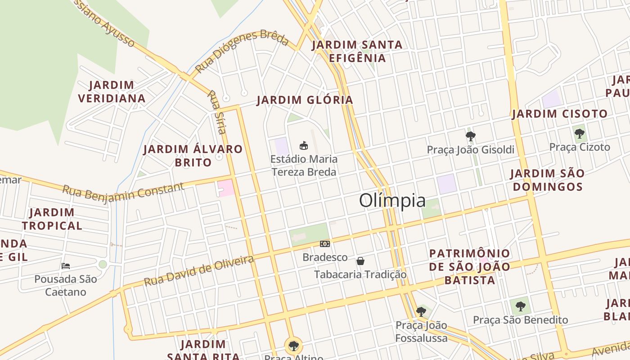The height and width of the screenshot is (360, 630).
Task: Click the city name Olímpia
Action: click(392, 201)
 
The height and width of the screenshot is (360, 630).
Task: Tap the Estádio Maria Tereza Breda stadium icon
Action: click(304, 145)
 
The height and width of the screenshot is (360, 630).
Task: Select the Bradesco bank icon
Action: click(325, 244)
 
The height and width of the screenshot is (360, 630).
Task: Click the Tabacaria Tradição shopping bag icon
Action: click(360, 261)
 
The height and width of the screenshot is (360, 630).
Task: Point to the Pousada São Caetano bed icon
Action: click(66, 266)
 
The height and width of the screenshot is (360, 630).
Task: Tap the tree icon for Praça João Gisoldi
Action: click(471, 136)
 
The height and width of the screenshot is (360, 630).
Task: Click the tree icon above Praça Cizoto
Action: click(580, 133)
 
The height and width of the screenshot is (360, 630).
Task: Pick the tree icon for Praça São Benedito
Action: click(521, 306)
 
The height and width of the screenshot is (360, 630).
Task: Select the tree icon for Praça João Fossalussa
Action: click(421, 311)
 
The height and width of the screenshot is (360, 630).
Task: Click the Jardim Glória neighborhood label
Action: click(305, 100)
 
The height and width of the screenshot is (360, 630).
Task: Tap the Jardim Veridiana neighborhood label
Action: click(112, 92)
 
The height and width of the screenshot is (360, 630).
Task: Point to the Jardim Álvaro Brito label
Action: click(193, 156)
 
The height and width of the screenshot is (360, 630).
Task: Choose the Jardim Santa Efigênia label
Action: click(357, 51)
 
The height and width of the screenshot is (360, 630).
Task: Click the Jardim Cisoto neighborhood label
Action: click(560, 114)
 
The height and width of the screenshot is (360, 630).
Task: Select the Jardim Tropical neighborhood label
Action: click(52, 219)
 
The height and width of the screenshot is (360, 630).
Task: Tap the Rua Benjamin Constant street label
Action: click(123, 191)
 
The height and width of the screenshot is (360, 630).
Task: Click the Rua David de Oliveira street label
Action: click(199, 270)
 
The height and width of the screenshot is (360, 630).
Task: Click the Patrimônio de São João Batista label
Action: click(470, 266)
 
